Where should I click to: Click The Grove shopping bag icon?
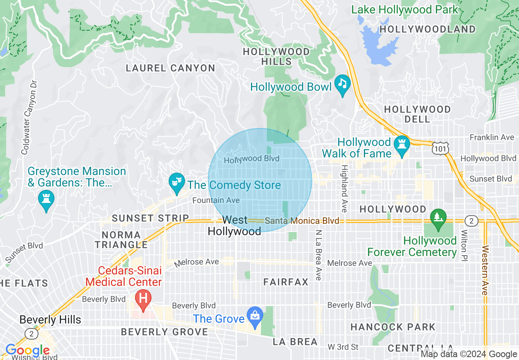pos(255,316)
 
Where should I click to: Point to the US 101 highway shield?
pos(440,148)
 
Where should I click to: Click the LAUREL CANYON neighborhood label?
pos(170,68)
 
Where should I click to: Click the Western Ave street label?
pos(485,270)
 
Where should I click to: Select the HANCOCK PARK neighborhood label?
pos(393,327)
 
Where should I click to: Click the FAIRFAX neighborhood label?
pos(286,282)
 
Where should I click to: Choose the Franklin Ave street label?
pos(492,137)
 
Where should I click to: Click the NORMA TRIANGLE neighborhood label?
pos(121,240)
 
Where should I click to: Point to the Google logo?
pos(27,351)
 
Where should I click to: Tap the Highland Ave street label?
pos(345,189)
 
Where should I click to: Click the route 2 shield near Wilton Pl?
pos(472,221)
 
